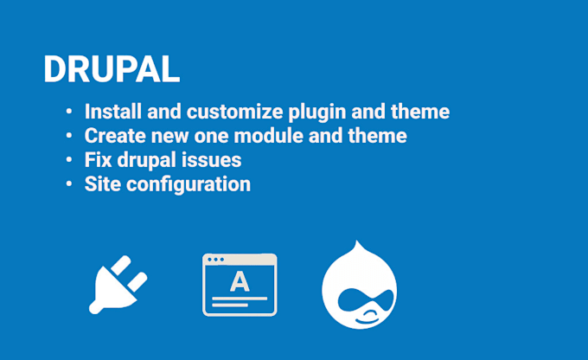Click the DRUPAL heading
pos(112,70)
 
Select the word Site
pos(101,184)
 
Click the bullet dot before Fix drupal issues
pos(69,161)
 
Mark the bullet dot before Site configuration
pos(69,185)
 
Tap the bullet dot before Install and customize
pos(69,112)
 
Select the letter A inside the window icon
pos(240,281)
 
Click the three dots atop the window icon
pos(215,260)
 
